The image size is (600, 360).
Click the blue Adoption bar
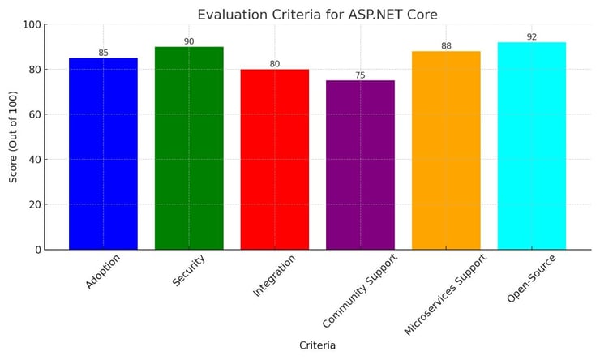click(103, 154)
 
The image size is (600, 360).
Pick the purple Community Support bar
click(360, 165)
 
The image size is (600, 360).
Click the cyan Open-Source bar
click(531, 146)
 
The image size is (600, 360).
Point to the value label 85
click(103, 53)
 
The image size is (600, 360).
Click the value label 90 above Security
click(189, 41)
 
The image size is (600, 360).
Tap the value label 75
click(360, 75)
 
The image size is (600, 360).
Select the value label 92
click(531, 37)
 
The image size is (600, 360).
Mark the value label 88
click(446, 46)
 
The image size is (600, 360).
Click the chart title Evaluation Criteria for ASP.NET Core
click(317, 14)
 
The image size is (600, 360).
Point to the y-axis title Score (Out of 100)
click(14, 137)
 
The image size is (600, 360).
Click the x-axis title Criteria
click(317, 345)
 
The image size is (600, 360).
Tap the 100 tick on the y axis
click(31, 25)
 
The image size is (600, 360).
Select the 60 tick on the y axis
click(33, 115)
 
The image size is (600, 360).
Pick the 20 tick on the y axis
click(33, 205)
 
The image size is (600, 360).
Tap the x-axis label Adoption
click(104, 272)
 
